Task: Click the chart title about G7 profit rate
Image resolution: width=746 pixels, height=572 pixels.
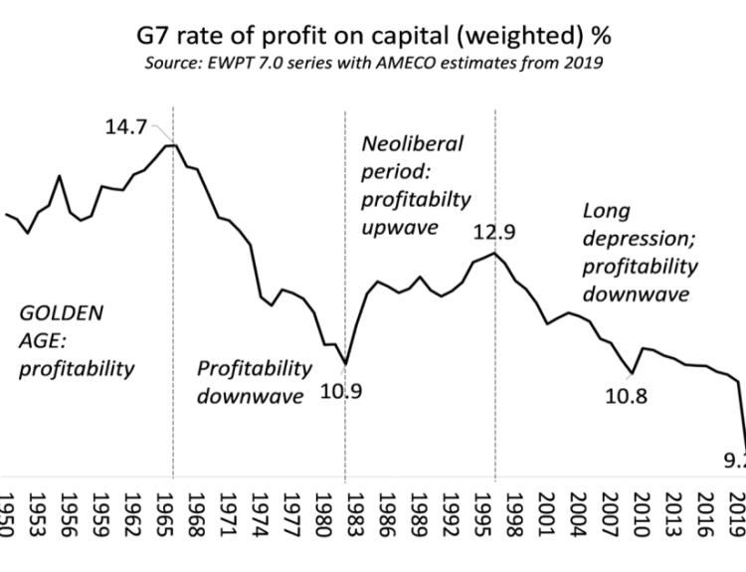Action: (x=373, y=39)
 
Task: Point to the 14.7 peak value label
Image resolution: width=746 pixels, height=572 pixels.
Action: (x=128, y=128)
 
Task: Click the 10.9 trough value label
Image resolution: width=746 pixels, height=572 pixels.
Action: (x=341, y=390)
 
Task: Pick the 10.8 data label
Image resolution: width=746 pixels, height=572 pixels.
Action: (x=627, y=395)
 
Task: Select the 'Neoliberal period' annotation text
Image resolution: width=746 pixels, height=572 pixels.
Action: (x=411, y=185)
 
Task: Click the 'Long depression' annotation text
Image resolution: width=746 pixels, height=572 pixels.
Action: (x=639, y=253)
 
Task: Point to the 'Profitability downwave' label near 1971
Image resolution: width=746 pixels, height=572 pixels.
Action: (x=254, y=382)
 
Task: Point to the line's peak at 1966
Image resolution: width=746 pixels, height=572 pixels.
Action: (x=172, y=145)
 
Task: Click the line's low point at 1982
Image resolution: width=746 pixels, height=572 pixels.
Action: (x=345, y=364)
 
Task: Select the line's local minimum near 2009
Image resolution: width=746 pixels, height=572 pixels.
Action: (x=633, y=373)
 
